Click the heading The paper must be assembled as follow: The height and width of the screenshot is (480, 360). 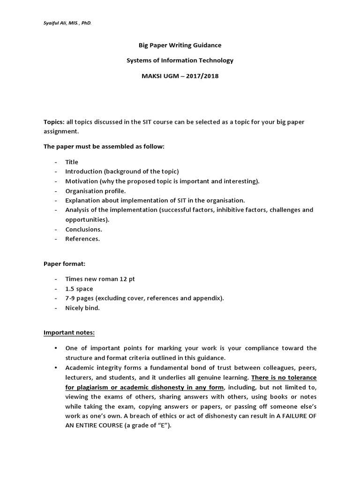pos(104,146)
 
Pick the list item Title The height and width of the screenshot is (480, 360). pos(72,162)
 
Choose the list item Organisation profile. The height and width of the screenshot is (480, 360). pos(96,191)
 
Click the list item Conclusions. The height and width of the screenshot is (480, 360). pos(83,229)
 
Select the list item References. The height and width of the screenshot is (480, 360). pos(82,239)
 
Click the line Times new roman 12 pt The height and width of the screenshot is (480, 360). pos(100,279)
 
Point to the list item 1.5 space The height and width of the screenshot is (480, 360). pos(79,289)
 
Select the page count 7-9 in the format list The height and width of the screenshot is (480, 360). pos(72,298)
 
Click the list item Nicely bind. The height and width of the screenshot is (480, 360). pos(82,308)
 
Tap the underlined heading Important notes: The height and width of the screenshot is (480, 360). pos(69,333)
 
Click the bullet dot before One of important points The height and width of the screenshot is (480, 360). pos(56,348)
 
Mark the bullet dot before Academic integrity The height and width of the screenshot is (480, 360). pos(56,367)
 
